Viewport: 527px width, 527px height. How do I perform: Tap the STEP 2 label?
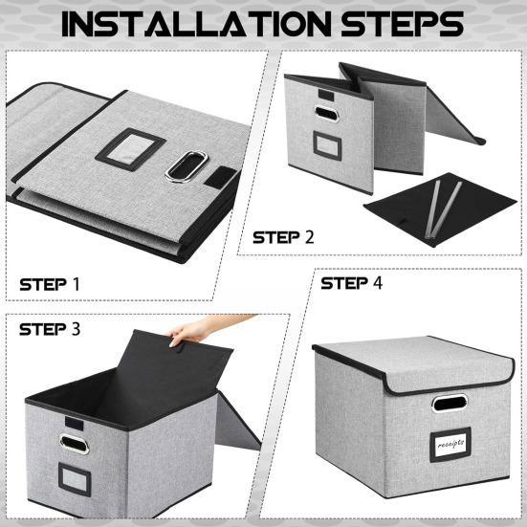click(x=283, y=236)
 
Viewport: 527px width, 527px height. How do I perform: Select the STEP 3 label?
click(x=51, y=329)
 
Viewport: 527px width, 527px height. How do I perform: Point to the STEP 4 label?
click(x=353, y=283)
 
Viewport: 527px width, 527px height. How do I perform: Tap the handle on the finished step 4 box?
click(x=448, y=403)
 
